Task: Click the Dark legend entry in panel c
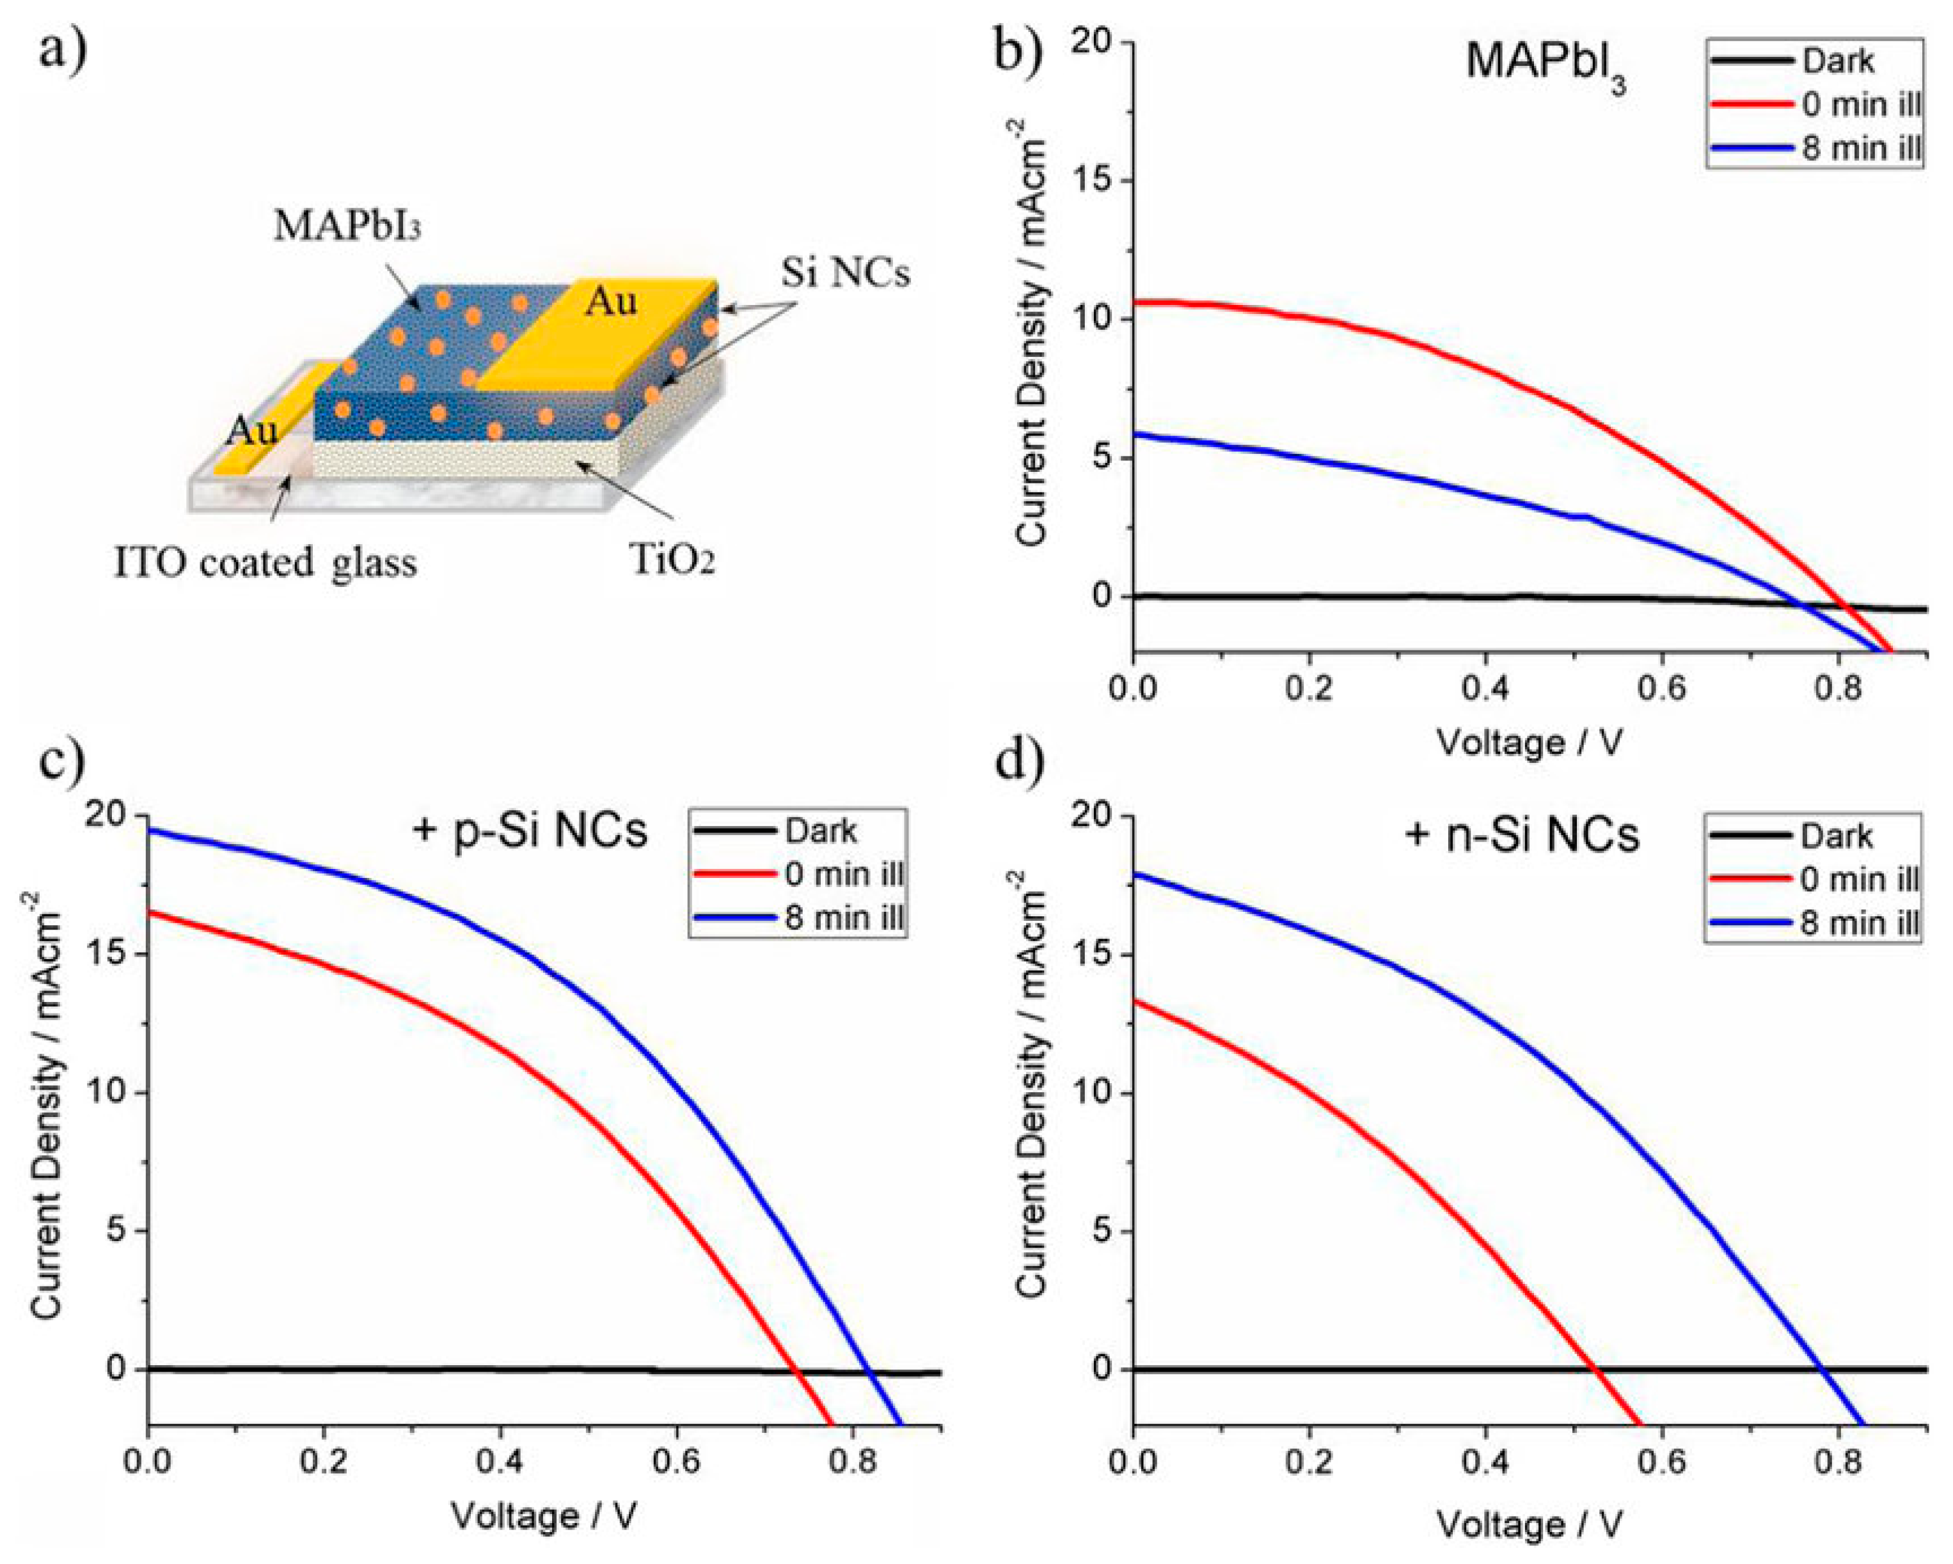tap(820, 831)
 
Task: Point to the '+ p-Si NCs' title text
tap(530, 831)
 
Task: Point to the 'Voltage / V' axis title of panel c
tap(544, 1516)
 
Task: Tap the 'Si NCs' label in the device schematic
tap(845, 272)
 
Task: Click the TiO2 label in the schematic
tap(672, 561)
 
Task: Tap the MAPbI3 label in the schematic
tap(347, 227)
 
